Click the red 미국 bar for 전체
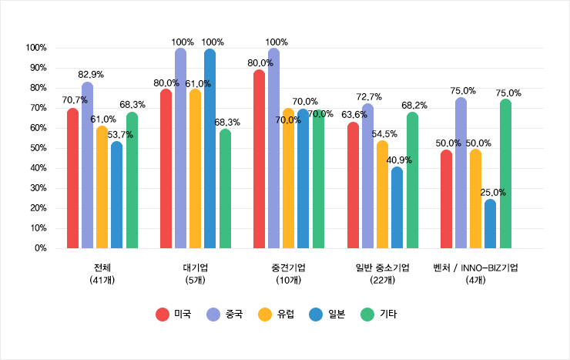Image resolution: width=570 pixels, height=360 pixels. click(x=72, y=179)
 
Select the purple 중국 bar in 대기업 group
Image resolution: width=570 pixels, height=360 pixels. click(x=180, y=149)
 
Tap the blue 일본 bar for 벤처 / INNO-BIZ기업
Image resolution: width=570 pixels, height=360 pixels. click(x=490, y=224)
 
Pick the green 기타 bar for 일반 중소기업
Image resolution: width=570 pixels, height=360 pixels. click(x=412, y=181)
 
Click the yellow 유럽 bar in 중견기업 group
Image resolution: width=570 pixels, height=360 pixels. click(x=288, y=179)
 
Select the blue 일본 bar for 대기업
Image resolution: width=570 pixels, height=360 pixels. click(x=210, y=149)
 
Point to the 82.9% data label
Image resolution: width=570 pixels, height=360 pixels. click(x=91, y=75)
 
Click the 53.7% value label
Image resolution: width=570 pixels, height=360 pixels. click(x=120, y=134)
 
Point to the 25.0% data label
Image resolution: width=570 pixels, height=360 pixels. click(x=492, y=192)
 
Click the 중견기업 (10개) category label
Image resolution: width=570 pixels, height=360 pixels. click(x=288, y=274)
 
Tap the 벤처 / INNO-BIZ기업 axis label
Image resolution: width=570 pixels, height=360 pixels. click(x=475, y=268)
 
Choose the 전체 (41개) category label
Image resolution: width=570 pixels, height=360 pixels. click(x=102, y=274)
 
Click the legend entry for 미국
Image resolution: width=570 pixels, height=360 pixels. click(x=174, y=314)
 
